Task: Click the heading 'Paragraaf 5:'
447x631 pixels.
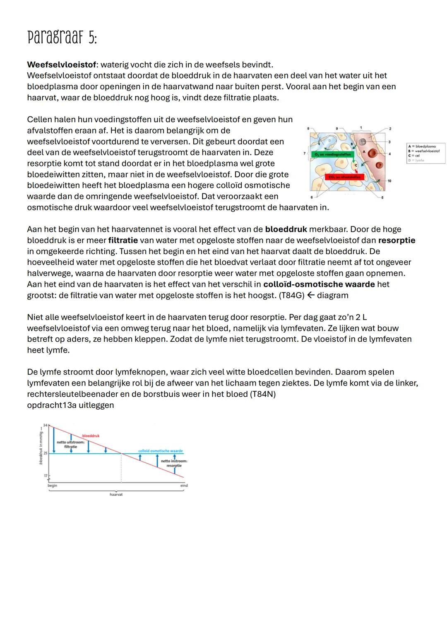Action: tap(62, 38)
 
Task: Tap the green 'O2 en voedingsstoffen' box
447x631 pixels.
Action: tap(332, 154)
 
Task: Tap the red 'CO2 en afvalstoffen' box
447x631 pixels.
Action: tap(344, 177)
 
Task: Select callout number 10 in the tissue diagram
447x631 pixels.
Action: tap(389, 181)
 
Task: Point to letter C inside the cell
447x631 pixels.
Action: tap(355, 165)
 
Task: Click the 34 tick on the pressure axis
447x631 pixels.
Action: tap(45, 425)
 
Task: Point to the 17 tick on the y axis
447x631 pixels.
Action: tap(46, 476)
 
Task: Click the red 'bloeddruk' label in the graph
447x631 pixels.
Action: tap(91, 436)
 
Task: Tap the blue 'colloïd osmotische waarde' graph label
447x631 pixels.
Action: tap(160, 451)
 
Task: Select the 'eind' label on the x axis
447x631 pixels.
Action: tap(184, 485)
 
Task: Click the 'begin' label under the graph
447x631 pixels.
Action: tap(52, 486)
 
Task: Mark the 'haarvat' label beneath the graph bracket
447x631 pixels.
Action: tap(116, 494)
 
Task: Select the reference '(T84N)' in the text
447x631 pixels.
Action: tap(263, 394)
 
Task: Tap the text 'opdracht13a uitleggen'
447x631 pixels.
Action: tap(70, 405)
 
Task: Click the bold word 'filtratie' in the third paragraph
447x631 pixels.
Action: tap(123, 240)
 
